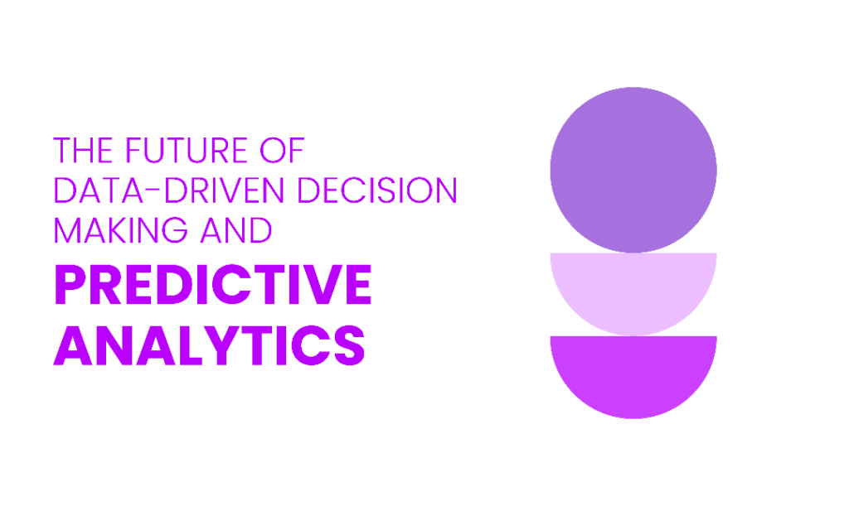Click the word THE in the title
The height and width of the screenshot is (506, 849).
83,150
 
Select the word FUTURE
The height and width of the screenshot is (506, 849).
187,150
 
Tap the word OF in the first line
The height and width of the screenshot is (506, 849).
282,150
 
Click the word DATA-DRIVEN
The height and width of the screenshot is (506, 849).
169,190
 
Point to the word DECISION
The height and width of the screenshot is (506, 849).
377,190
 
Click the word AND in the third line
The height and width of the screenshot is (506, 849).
236,230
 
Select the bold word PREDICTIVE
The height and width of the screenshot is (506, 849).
213,285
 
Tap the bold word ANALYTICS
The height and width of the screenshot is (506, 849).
210,345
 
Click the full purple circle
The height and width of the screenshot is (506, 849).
633,170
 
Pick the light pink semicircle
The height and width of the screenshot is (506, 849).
633,289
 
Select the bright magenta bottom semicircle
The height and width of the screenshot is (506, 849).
633,373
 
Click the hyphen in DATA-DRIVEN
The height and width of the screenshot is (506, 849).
153,190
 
